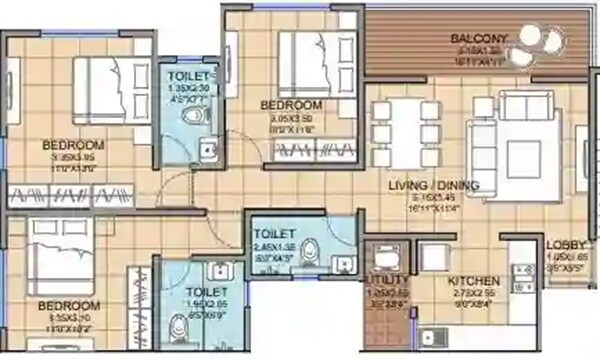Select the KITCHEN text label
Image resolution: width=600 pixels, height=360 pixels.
pyautogui.click(x=472, y=281)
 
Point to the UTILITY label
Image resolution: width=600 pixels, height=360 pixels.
pyautogui.click(x=388, y=280)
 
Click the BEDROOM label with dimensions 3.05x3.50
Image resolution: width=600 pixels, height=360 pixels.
pyautogui.click(x=291, y=105)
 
